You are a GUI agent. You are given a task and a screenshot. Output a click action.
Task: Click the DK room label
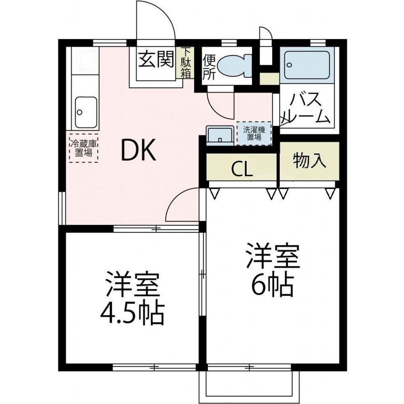pos(138,151)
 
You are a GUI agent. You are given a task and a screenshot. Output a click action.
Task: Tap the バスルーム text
pos(306,109)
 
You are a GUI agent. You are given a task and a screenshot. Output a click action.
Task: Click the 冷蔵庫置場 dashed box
pos(84,147)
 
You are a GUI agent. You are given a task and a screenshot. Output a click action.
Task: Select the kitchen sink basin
pos(86,112)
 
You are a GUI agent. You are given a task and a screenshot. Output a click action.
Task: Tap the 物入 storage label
pos(309,161)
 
